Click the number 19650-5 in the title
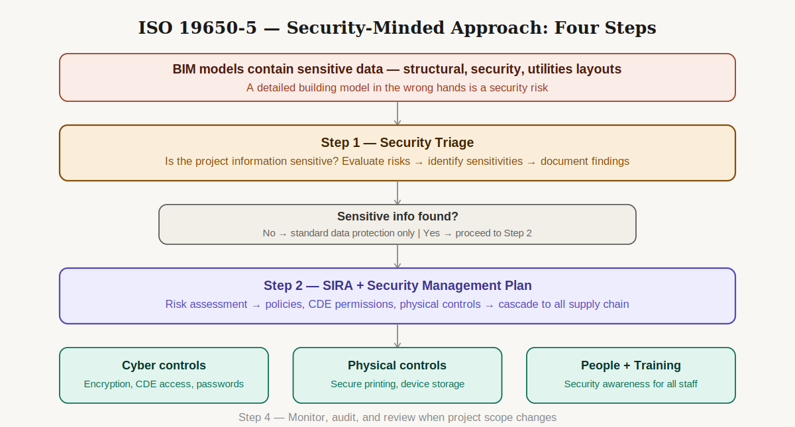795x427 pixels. [x=218, y=28]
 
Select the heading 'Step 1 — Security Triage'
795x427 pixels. [x=397, y=142]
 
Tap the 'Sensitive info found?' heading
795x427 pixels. [x=397, y=216]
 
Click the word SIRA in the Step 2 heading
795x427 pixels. [x=337, y=285]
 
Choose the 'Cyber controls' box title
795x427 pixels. [x=164, y=365]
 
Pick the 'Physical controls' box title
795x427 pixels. [x=397, y=365]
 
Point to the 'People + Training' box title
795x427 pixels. [x=631, y=365]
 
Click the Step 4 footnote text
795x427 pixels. [x=397, y=418]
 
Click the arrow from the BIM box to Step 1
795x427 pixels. [x=397, y=113]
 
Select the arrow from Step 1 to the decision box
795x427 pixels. [x=397, y=193]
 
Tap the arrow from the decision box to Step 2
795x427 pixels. [x=397, y=256]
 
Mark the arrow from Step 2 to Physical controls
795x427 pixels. [x=397, y=336]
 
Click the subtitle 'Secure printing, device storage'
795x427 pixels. [x=397, y=384]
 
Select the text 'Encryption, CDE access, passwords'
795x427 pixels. [x=164, y=384]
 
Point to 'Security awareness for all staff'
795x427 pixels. [x=631, y=384]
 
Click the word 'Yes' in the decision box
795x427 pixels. [x=431, y=233]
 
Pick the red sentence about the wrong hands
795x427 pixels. [x=397, y=87]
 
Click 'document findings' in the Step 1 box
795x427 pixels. [x=585, y=161]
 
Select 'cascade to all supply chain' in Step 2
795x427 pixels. [x=564, y=305]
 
